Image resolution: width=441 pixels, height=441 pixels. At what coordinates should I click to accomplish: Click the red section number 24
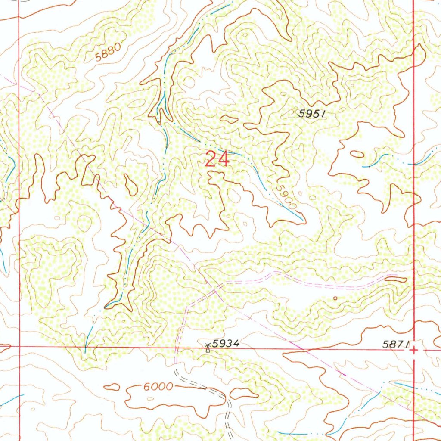tap(217, 159)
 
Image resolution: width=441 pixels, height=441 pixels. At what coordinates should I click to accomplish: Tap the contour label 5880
tap(106, 53)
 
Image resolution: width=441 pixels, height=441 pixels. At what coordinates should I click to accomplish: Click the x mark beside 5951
tap(295, 112)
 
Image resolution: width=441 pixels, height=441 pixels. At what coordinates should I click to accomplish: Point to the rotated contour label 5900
tap(287, 198)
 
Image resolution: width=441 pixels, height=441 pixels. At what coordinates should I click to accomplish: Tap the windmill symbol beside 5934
tap(208, 347)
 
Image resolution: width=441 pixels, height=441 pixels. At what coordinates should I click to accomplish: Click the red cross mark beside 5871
tap(413, 351)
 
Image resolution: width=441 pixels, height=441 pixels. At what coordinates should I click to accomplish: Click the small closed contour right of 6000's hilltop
tap(244, 393)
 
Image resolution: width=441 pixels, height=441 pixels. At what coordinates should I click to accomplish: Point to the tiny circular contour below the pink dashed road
tap(335, 298)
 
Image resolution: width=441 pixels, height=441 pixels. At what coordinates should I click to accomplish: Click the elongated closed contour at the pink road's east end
tap(395, 280)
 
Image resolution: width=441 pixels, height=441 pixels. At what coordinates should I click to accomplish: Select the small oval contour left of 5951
tap(229, 119)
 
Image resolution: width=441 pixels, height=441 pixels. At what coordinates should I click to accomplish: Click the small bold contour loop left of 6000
tap(112, 387)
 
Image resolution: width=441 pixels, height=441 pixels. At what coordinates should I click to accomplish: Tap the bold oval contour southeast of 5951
tap(357, 154)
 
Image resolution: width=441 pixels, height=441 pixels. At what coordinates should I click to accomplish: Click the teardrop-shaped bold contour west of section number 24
tap(131, 184)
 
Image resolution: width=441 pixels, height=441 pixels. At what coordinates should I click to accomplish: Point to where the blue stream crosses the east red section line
tap(413, 164)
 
